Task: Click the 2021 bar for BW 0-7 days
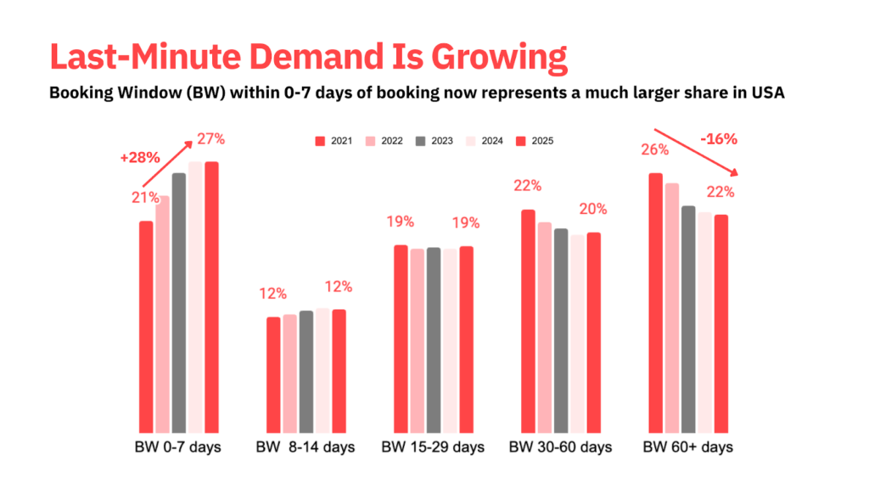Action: (x=146, y=327)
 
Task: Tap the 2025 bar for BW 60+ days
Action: (x=721, y=323)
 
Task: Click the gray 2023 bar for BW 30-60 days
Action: (x=561, y=330)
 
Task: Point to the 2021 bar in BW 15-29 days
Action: (x=401, y=339)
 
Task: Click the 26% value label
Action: (x=655, y=150)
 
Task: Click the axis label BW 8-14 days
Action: (x=306, y=447)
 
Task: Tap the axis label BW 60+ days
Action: (x=688, y=447)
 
